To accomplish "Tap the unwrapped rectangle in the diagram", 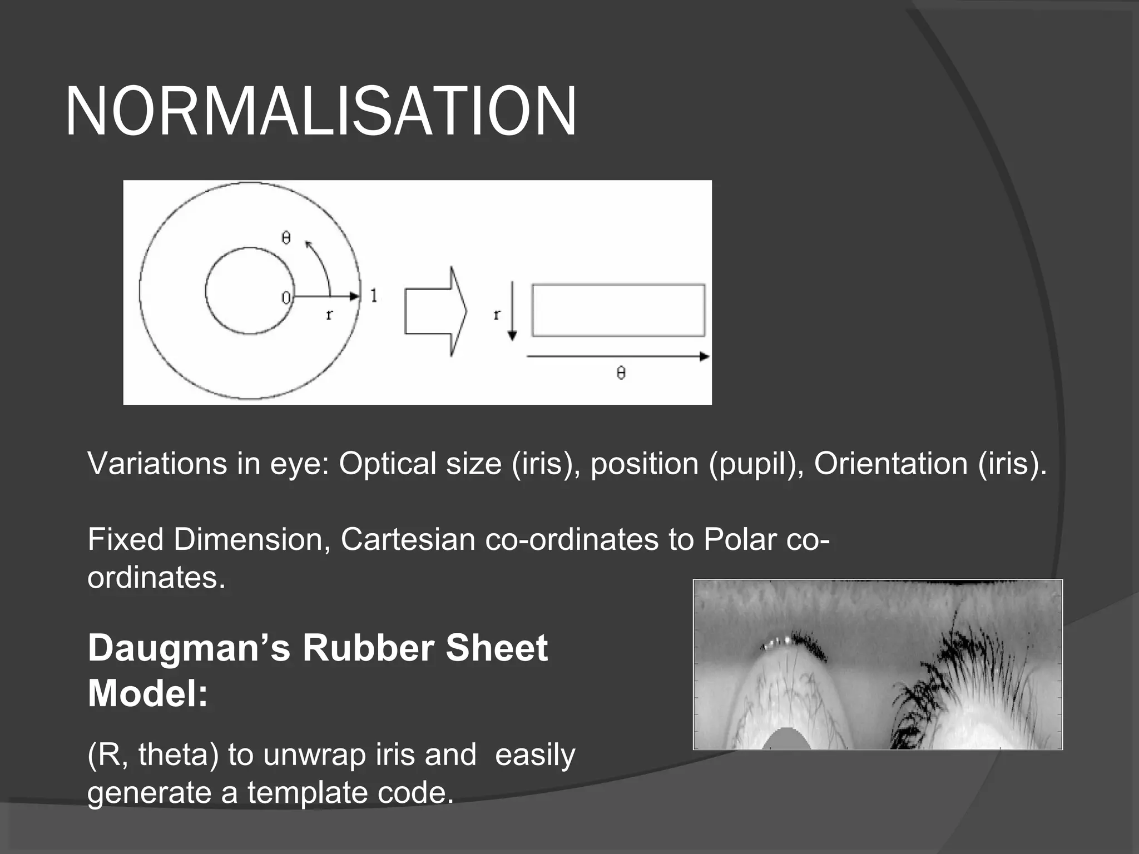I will tap(618, 310).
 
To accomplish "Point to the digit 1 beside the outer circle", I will tap(374, 296).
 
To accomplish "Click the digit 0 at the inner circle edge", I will tap(285, 298).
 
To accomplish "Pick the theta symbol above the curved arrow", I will tap(286, 238).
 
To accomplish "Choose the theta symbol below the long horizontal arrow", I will tap(621, 373).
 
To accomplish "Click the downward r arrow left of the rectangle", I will tap(512, 311).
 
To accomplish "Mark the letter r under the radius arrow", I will tap(329, 315).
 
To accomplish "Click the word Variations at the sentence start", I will tap(157, 463).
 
